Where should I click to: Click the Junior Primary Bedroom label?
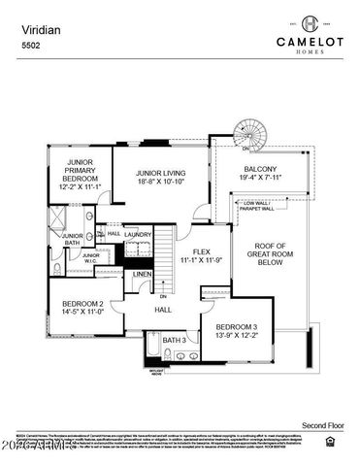79,170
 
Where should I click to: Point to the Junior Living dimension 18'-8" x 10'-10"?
160,181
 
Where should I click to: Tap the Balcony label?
259,169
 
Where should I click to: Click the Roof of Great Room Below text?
269,253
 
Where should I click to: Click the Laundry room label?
137,234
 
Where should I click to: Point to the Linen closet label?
141,275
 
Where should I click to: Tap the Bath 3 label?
174,340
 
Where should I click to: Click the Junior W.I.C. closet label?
90,257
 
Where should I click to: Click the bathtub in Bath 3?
151,347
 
